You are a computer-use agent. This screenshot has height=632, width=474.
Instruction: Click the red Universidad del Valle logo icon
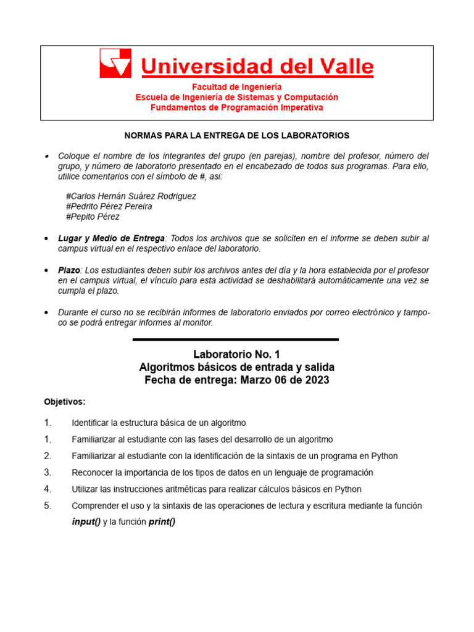tap(115, 64)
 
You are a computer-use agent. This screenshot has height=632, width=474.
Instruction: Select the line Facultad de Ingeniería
tap(236, 87)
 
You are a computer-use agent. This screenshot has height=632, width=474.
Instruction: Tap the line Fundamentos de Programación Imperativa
tap(236, 107)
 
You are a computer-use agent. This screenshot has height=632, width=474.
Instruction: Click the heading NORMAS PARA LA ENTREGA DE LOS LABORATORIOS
tap(237, 135)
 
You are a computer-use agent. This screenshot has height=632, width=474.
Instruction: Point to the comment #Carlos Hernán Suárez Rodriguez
tap(131, 196)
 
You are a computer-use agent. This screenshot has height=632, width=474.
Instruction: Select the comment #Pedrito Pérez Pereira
tap(109, 207)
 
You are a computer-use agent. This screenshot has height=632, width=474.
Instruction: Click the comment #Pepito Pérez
tap(93, 217)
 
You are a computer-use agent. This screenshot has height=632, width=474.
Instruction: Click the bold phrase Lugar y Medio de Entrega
tap(111, 238)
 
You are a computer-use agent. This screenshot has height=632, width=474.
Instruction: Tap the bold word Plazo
tap(69, 270)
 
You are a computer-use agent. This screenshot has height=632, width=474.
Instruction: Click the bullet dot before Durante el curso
tap(48, 313)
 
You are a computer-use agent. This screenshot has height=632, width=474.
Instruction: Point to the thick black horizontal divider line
tap(236, 339)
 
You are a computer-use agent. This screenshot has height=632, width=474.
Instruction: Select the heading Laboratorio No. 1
tap(236, 354)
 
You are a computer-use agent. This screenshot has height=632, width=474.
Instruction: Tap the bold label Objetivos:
tap(64, 402)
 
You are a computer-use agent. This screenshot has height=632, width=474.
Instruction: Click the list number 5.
tap(48, 505)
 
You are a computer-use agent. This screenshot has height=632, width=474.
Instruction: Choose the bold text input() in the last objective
tap(86, 522)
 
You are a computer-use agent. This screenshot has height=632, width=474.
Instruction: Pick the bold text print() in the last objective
tap(162, 522)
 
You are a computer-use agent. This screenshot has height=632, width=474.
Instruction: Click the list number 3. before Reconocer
tap(48, 472)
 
